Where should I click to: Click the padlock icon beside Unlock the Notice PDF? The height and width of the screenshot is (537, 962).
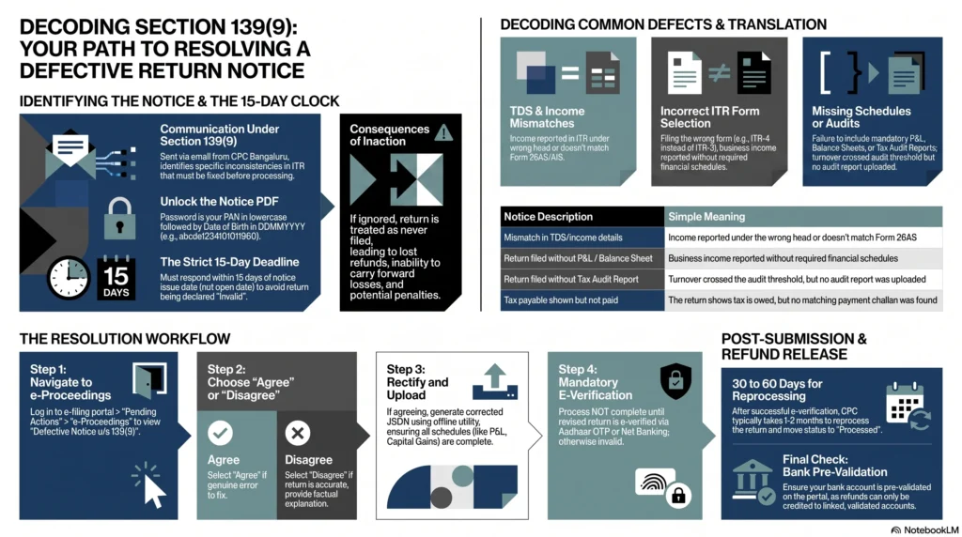click(119, 219)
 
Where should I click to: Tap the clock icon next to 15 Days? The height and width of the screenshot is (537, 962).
click(69, 278)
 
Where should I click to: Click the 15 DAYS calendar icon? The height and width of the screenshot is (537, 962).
click(116, 278)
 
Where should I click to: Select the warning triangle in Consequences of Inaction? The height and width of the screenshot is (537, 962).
click(443, 132)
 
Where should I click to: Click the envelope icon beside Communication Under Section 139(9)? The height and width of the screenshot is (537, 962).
click(70, 151)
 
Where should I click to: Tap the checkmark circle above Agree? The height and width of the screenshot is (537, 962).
click(220, 434)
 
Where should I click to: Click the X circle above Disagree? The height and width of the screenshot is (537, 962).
click(298, 434)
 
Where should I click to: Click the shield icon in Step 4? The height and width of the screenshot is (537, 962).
click(676, 380)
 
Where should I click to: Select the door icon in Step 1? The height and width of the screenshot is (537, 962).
click(149, 380)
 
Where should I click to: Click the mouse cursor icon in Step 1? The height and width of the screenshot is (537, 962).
click(149, 484)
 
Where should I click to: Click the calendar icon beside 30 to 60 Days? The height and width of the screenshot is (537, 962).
click(908, 406)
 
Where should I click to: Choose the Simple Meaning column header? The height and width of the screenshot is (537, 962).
click(706, 216)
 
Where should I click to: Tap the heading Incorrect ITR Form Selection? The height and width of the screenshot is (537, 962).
click(710, 117)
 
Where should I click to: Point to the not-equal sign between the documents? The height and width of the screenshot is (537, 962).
click(719, 73)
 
